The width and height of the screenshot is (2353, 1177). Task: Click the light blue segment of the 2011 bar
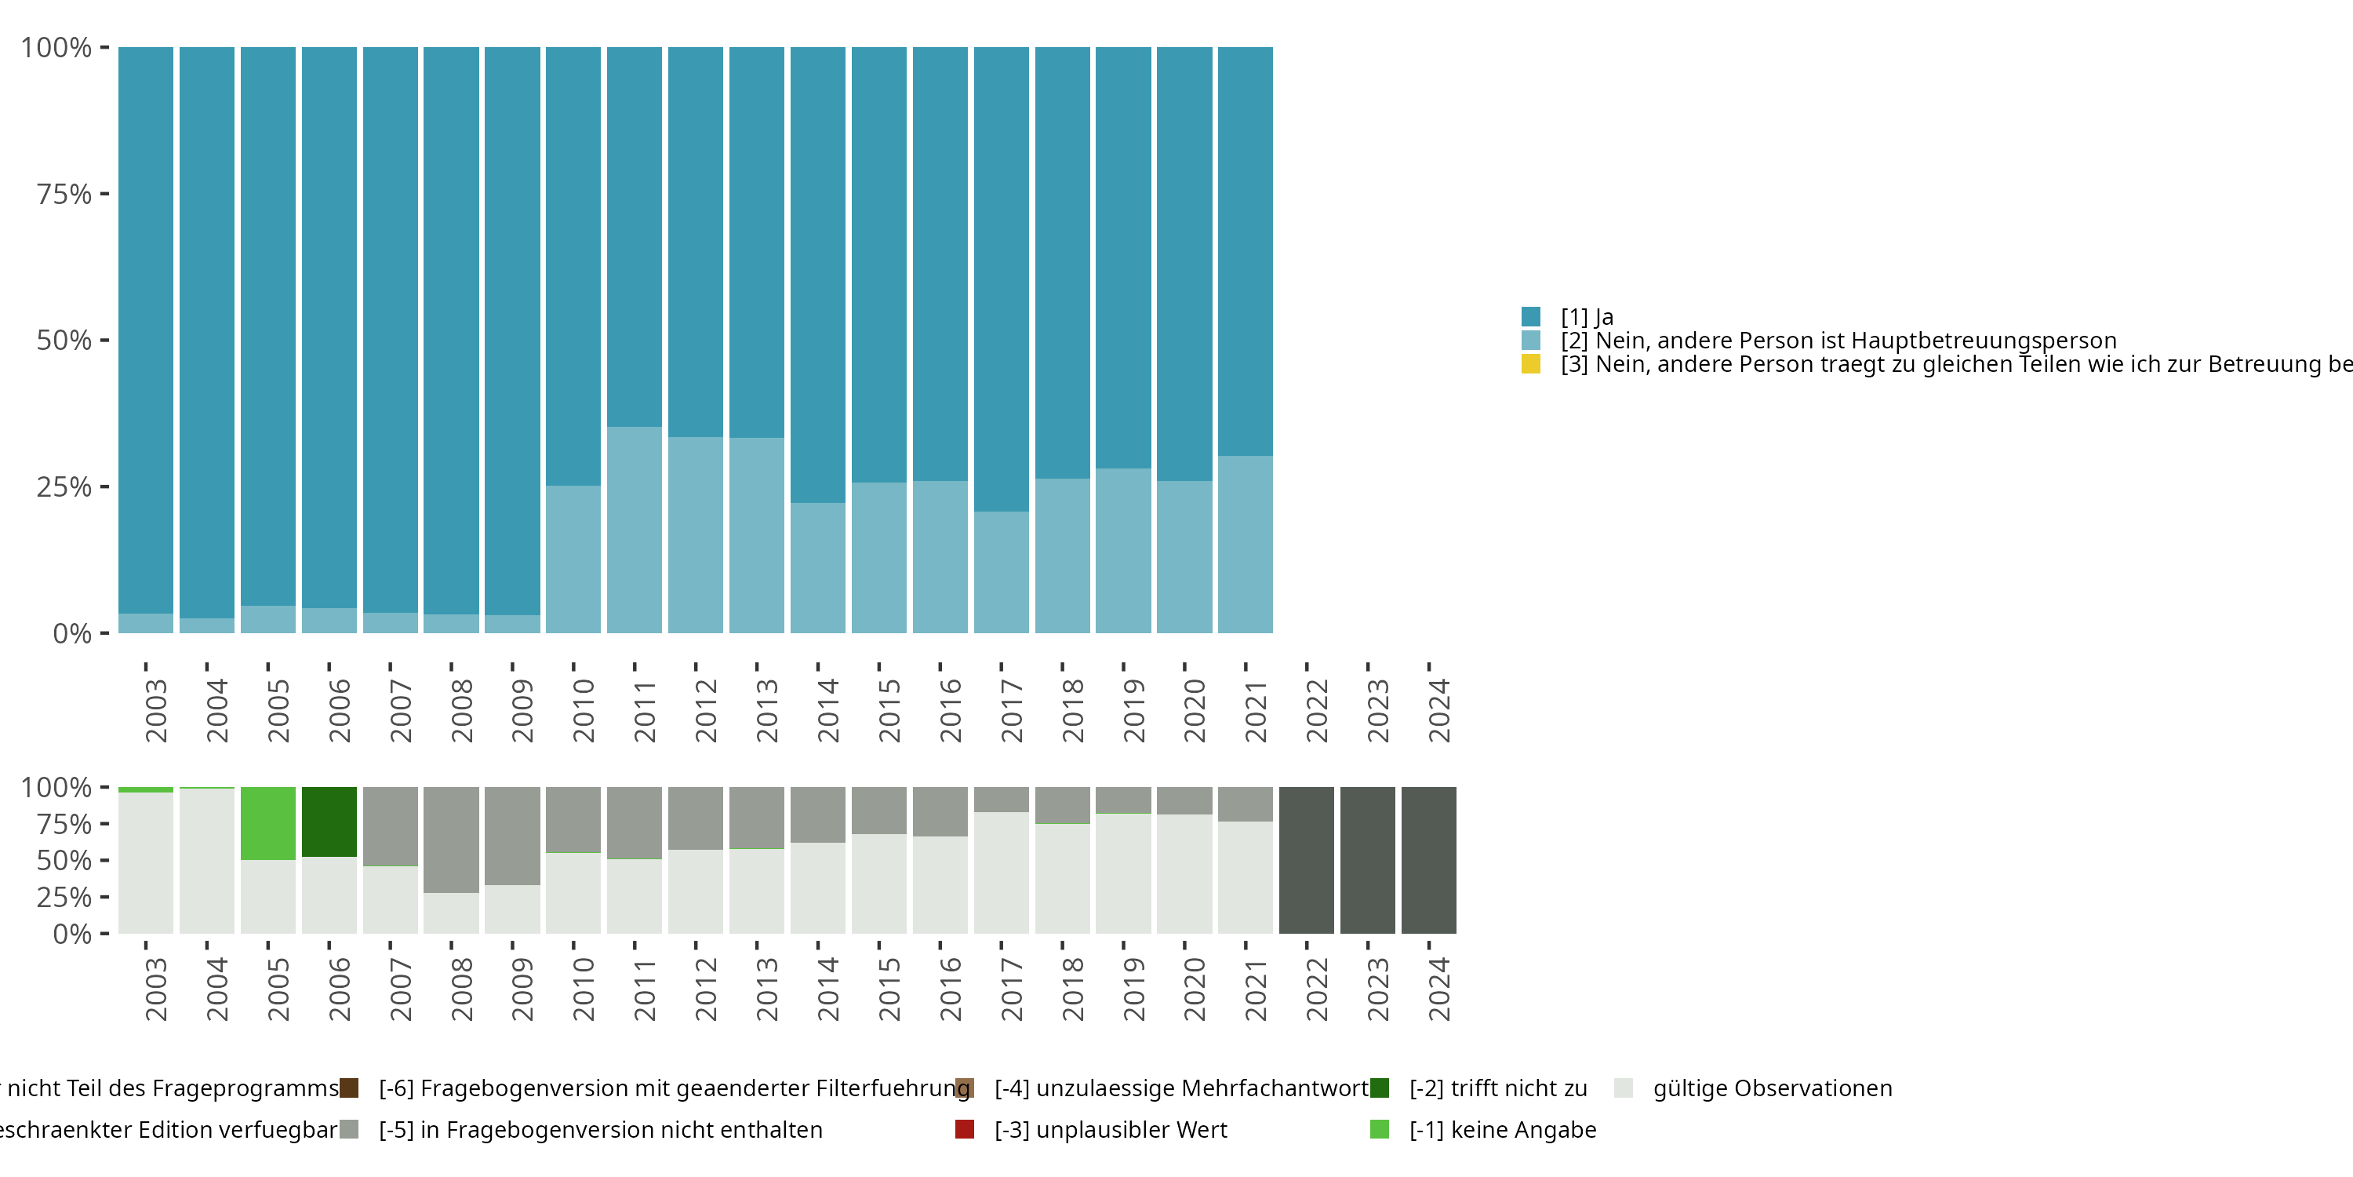(634, 530)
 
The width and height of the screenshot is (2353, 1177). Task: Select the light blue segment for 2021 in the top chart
(1245, 545)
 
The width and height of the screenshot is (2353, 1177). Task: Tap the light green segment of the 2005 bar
(267, 823)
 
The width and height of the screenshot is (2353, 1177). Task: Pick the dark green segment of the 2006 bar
(329, 822)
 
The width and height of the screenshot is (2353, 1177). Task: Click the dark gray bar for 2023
(1367, 860)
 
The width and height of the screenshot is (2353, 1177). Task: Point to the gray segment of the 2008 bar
(451, 840)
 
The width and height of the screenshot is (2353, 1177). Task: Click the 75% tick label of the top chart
(64, 194)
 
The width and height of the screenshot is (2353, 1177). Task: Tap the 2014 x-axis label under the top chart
(827, 710)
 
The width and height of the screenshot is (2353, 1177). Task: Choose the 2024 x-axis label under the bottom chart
(1438, 989)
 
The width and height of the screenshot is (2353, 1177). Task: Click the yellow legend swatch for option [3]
(1531, 365)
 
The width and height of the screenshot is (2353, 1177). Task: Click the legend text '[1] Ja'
(1587, 317)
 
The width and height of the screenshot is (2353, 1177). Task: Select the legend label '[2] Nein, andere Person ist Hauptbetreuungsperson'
(1838, 341)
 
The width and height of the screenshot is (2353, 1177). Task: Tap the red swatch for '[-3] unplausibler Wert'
(965, 1129)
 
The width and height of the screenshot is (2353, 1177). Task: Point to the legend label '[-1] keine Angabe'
(1503, 1129)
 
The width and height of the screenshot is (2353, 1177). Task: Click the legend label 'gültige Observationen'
(1772, 1088)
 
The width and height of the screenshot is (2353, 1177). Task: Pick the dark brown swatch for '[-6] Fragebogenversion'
(349, 1088)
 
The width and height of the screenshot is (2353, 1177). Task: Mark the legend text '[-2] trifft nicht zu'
(1498, 1088)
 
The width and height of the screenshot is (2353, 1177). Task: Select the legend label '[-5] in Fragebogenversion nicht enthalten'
(600, 1129)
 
